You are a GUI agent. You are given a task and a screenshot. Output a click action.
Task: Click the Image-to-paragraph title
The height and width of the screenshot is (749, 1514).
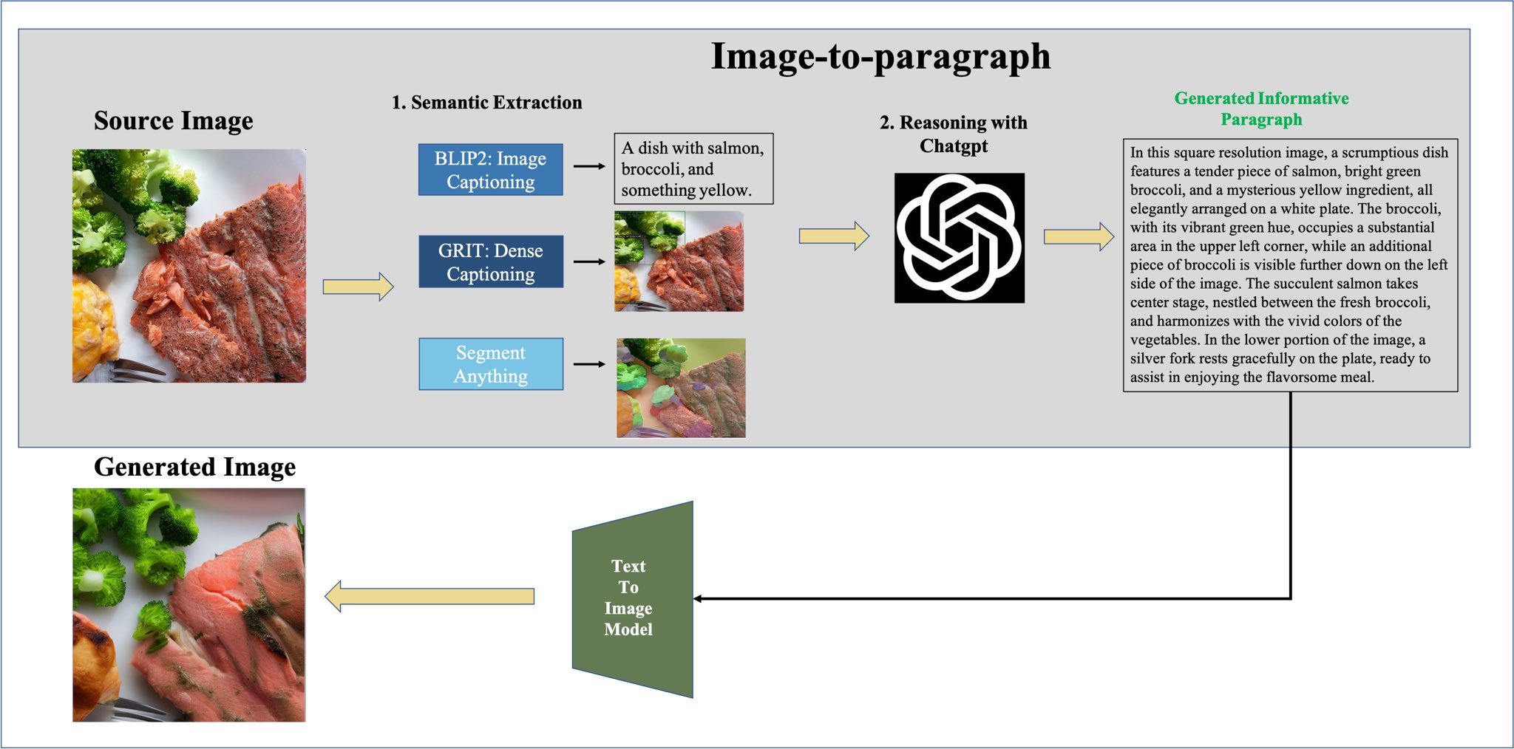click(x=880, y=57)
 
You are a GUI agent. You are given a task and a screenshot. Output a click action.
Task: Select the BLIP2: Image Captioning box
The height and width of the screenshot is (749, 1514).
click(x=490, y=170)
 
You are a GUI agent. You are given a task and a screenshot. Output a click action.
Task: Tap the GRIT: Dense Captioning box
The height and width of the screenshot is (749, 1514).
click(x=490, y=261)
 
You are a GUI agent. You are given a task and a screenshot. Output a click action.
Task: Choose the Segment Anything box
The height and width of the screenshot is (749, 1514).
click(x=490, y=364)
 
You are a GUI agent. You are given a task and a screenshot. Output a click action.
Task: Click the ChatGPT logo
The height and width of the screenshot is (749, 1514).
click(x=959, y=238)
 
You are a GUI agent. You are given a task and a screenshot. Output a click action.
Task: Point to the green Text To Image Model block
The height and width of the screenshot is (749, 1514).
click(x=632, y=598)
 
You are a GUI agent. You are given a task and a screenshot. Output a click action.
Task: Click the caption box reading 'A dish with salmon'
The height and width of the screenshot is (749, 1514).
click(x=693, y=169)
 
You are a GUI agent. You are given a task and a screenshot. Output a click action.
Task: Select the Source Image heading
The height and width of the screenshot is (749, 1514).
click(x=173, y=120)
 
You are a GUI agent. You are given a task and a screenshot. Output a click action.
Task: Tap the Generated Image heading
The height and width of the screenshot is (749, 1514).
click(x=194, y=467)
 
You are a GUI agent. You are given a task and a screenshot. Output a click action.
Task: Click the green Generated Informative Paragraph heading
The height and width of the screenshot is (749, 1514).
click(x=1260, y=109)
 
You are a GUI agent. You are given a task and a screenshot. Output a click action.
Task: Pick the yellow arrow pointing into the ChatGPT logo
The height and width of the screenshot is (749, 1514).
click(x=833, y=236)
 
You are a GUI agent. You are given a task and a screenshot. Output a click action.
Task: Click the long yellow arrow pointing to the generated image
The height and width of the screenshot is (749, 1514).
click(x=430, y=596)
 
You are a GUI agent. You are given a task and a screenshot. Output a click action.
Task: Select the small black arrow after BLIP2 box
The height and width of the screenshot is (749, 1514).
click(x=589, y=167)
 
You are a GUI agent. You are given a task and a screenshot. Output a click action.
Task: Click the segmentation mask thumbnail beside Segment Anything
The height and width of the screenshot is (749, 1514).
click(x=680, y=389)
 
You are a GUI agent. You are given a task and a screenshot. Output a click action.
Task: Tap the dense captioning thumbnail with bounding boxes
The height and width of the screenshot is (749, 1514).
click(x=679, y=261)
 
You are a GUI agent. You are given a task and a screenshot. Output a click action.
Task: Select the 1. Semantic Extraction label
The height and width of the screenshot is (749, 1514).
click(x=486, y=103)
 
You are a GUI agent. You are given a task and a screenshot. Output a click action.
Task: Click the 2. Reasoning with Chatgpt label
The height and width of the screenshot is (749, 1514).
click(x=953, y=134)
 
